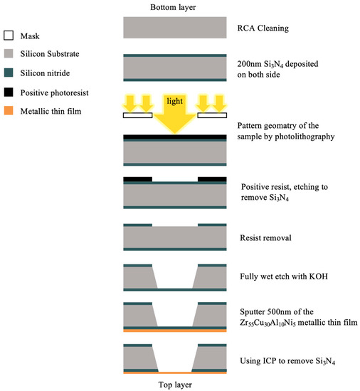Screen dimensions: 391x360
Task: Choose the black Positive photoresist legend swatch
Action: pyautogui.click(x=9, y=92)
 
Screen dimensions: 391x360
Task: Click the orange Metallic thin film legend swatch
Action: pyautogui.click(x=9, y=112)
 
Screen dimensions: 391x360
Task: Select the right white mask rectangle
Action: pyautogui.click(x=212, y=114)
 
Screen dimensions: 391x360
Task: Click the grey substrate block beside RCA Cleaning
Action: pyautogui.click(x=175, y=27)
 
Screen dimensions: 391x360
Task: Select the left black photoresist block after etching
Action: pyautogui.click(x=137, y=180)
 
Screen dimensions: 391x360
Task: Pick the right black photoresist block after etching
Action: pyautogui.click(x=212, y=180)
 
